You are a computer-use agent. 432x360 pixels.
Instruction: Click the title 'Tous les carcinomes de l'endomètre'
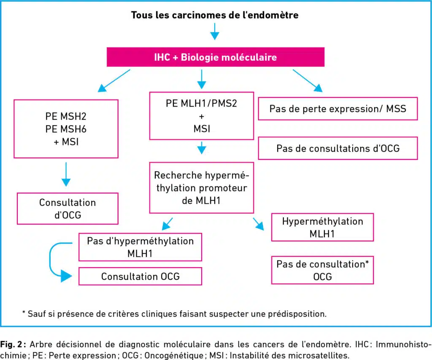215,15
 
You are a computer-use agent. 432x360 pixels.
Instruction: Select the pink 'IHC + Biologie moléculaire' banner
216,57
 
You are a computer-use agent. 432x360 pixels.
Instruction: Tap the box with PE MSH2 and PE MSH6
66,129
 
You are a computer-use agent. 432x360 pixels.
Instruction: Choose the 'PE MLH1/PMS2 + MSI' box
201,116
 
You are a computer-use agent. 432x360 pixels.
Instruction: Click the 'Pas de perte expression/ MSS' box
338,109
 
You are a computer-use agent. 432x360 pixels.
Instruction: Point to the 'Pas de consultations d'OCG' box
338,148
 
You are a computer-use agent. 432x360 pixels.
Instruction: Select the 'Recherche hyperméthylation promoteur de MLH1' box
201,188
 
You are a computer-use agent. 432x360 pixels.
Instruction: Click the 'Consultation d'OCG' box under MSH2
67,209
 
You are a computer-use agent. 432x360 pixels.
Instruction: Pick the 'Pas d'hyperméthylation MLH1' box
140,247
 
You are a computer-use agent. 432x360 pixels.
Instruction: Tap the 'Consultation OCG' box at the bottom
140,277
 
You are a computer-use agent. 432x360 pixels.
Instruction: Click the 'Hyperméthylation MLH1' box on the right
322,227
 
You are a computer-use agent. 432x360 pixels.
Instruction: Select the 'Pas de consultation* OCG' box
322,270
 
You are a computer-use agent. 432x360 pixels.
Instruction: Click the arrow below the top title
215,31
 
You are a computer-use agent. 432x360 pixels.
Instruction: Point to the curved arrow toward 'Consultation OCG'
50,260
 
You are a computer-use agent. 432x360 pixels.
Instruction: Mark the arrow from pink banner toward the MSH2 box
114,81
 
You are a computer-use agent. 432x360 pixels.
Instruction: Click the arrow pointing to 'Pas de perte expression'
308,81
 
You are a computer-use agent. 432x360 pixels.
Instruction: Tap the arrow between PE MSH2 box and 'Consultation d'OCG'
66,175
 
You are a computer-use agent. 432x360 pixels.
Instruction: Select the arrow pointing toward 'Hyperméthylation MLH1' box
259,224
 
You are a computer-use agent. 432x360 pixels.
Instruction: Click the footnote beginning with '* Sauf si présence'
174,314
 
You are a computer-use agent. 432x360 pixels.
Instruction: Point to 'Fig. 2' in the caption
11,344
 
